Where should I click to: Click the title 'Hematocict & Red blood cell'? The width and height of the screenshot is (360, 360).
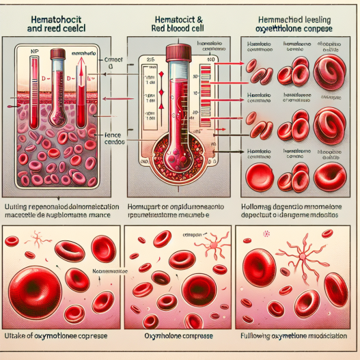pos(180,24)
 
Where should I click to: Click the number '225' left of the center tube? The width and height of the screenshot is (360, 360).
pos(152,59)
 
